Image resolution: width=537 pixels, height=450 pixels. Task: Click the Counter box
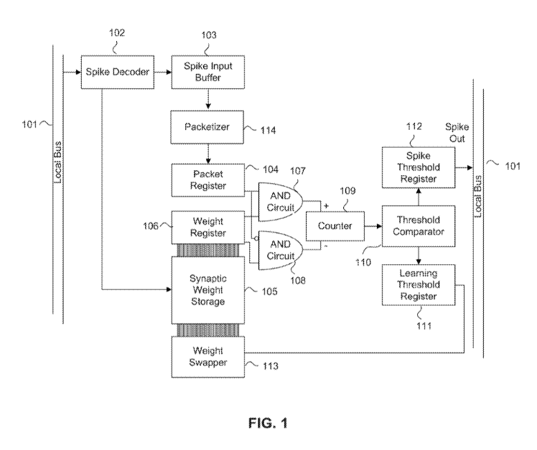[335, 226]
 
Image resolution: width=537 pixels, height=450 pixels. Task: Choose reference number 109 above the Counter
[347, 192]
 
